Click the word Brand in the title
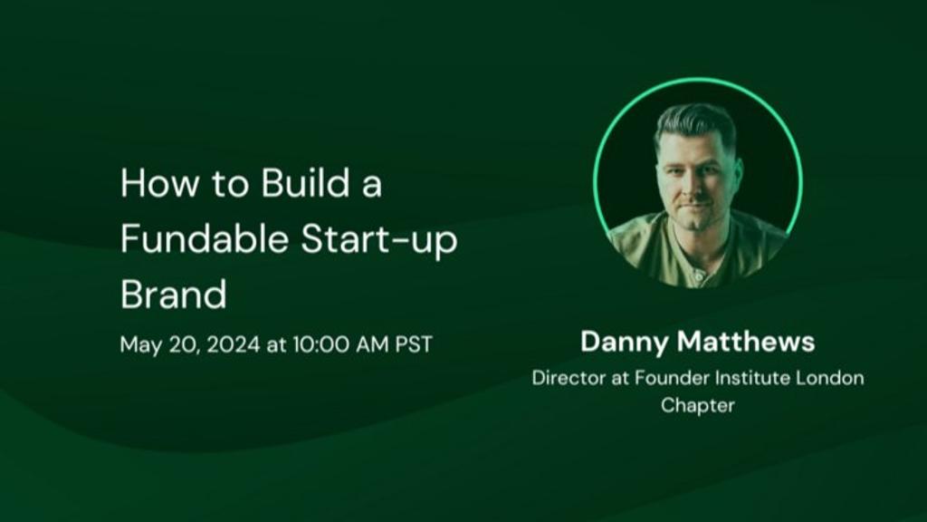173,294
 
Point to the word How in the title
159,182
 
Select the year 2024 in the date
234,343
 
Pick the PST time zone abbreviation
414,343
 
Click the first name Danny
626,342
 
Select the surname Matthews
746,342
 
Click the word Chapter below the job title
698,406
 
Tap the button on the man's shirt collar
699,276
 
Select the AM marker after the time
372,343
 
